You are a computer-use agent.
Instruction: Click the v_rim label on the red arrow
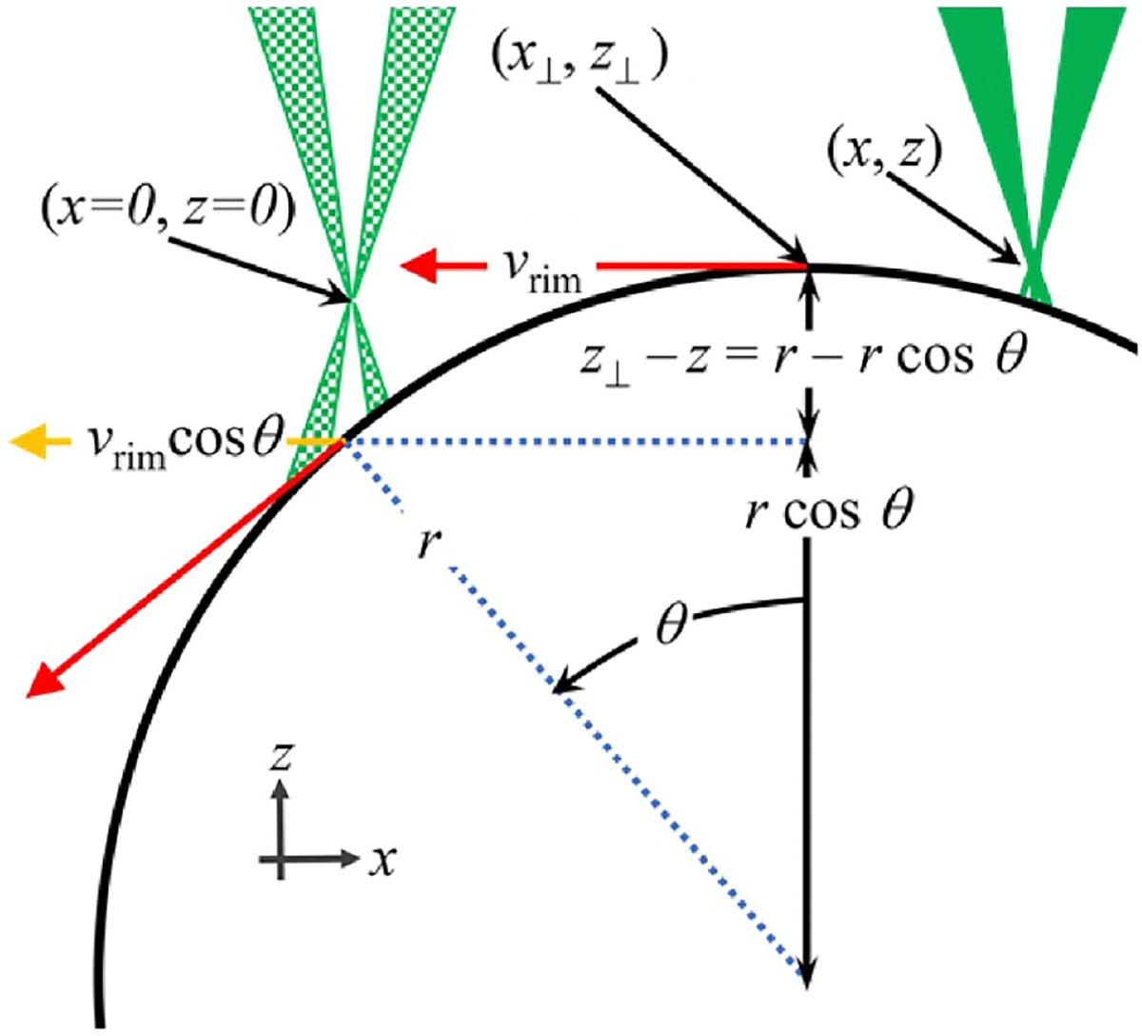pyautogui.click(x=538, y=268)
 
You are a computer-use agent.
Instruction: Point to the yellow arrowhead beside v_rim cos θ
pyautogui.click(x=29, y=441)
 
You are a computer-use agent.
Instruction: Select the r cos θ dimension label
pyautogui.click(x=828, y=512)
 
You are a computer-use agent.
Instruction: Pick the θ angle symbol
pyautogui.click(x=672, y=628)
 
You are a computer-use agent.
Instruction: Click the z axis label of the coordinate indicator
pyautogui.click(x=280, y=757)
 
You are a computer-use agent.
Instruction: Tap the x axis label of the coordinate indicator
pyautogui.click(x=383, y=861)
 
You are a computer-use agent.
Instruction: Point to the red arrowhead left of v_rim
pyautogui.click(x=419, y=267)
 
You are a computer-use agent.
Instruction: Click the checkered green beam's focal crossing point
pyautogui.click(x=352, y=301)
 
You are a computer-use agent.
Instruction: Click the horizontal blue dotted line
pyautogui.click(x=571, y=442)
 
